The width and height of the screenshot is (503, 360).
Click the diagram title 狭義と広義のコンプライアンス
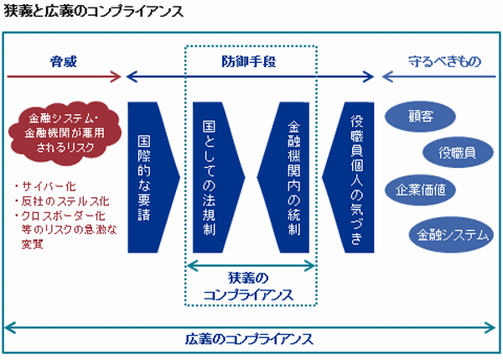(x=93, y=11)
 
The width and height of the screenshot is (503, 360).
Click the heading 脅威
(x=64, y=61)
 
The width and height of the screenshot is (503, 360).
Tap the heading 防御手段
(x=249, y=61)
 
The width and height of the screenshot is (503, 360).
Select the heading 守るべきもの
(x=444, y=61)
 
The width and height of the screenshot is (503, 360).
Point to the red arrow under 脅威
(x=65, y=76)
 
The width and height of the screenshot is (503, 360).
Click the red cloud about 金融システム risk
(x=65, y=133)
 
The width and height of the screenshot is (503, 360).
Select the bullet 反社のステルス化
(x=62, y=201)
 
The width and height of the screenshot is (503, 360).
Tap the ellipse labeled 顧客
(x=420, y=116)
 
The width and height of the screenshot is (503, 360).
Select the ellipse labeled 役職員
(x=458, y=153)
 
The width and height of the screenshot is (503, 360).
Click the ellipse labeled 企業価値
(x=420, y=190)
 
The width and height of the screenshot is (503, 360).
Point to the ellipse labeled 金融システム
(x=451, y=235)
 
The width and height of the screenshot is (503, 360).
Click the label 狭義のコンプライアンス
(x=249, y=286)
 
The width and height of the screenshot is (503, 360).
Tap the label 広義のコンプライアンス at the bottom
(x=249, y=339)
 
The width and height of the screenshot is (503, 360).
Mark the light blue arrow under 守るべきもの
(x=438, y=76)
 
